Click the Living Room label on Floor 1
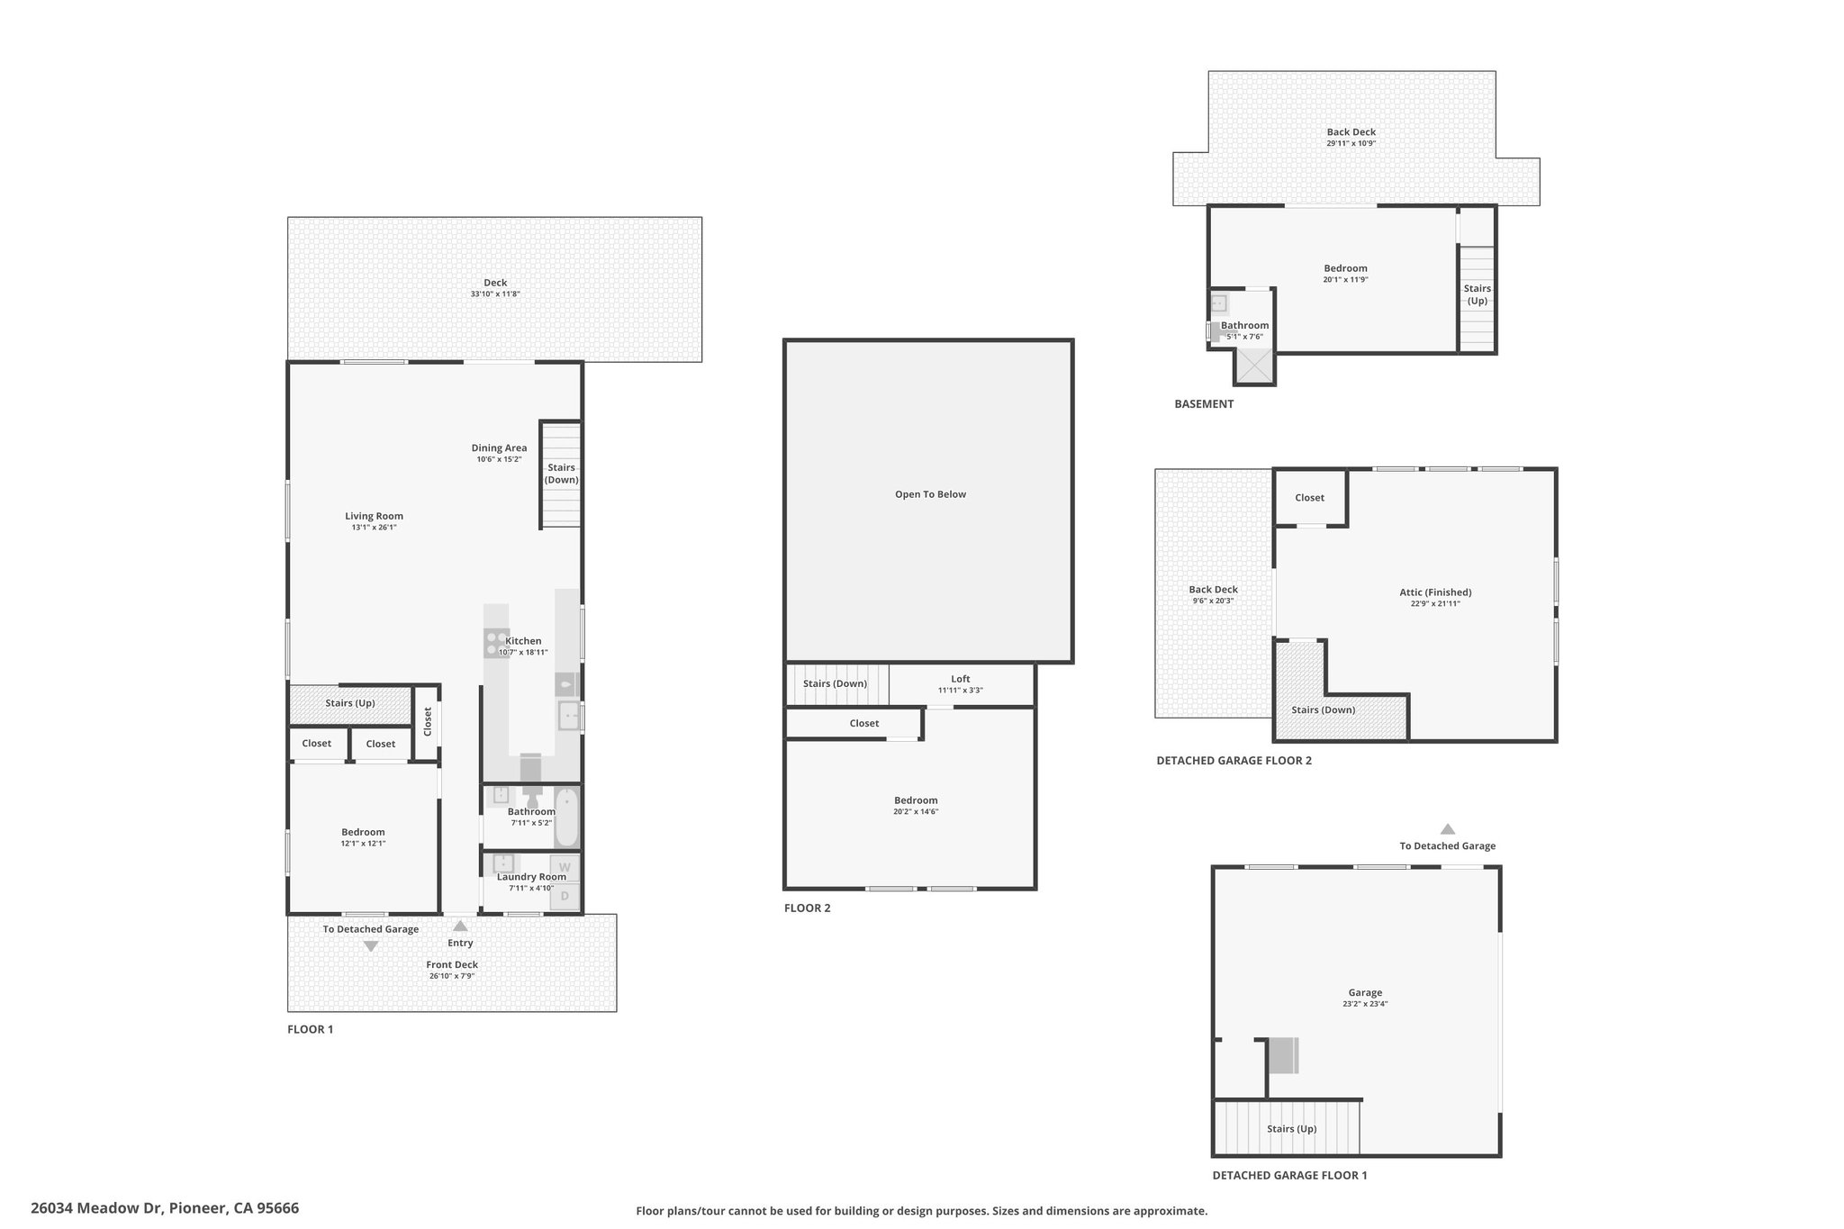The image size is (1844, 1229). (374, 516)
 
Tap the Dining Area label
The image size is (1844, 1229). (499, 447)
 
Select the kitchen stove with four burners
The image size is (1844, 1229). (496, 643)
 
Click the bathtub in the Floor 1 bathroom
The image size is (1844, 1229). (566, 818)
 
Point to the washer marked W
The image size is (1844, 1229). (565, 867)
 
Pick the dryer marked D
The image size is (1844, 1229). (565, 896)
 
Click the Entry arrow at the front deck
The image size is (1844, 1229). (460, 926)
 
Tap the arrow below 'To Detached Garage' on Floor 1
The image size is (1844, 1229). (370, 946)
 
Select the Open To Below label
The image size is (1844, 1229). (930, 494)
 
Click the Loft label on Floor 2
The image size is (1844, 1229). (961, 679)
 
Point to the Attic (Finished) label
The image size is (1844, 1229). (1435, 592)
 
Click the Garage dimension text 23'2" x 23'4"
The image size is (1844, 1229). (1365, 1003)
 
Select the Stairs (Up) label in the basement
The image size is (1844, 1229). (1478, 294)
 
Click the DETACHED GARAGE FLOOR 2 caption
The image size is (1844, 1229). (1234, 761)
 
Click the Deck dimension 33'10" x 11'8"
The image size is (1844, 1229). (495, 294)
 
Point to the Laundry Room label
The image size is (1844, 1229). (531, 877)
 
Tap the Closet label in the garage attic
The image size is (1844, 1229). (1309, 498)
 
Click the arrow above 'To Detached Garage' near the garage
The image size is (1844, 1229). (1447, 829)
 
